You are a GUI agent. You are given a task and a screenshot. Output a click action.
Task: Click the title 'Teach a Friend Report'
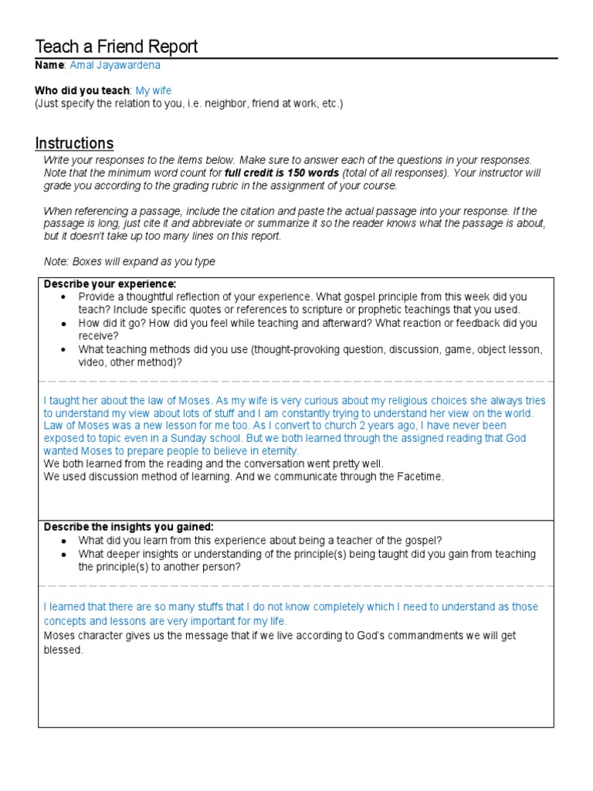point(117,46)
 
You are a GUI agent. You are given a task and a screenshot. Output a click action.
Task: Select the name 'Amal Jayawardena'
point(115,66)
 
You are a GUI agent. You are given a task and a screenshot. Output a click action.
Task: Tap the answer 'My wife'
point(154,90)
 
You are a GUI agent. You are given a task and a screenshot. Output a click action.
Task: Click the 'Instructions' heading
point(74,143)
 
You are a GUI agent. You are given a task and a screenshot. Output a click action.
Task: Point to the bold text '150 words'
point(313,172)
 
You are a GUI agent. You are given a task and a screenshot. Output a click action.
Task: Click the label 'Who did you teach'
point(83,90)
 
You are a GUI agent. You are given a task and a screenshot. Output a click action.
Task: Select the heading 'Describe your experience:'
point(110,283)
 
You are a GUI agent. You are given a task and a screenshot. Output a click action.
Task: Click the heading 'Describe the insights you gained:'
point(128,527)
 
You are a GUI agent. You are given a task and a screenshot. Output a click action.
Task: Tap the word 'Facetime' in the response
point(421,477)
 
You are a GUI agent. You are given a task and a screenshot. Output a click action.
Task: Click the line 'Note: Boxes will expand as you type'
point(129,262)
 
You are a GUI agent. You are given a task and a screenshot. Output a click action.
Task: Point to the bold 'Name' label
point(50,66)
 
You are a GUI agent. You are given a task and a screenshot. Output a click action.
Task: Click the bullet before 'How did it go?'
point(63,323)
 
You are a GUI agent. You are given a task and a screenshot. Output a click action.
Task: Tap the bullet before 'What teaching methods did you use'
point(63,349)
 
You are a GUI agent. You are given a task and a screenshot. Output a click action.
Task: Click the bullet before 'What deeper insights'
point(63,554)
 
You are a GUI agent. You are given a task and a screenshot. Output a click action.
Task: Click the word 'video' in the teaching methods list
point(92,362)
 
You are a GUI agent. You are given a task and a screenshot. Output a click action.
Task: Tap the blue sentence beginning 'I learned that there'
point(291,607)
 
